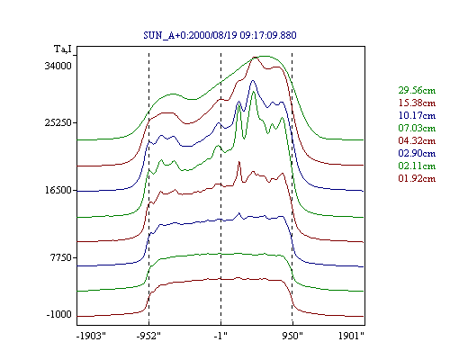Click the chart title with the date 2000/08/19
point(220,35)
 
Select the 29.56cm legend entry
point(417,90)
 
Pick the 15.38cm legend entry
point(417,103)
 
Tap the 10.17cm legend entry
point(417,115)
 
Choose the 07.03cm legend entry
point(417,128)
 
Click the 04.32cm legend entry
point(417,140)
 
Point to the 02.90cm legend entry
point(417,153)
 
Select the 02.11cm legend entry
point(417,166)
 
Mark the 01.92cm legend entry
point(417,178)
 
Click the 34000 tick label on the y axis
point(58,66)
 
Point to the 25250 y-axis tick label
point(58,122)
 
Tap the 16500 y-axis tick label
point(58,190)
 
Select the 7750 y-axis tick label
point(61,257)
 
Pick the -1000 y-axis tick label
point(59,315)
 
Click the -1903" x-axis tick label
point(91,336)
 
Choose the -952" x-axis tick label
point(148,336)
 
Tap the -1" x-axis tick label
point(220,336)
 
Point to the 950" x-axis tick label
point(292,336)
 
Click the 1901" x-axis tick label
point(351,336)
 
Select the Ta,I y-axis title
point(63,49)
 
